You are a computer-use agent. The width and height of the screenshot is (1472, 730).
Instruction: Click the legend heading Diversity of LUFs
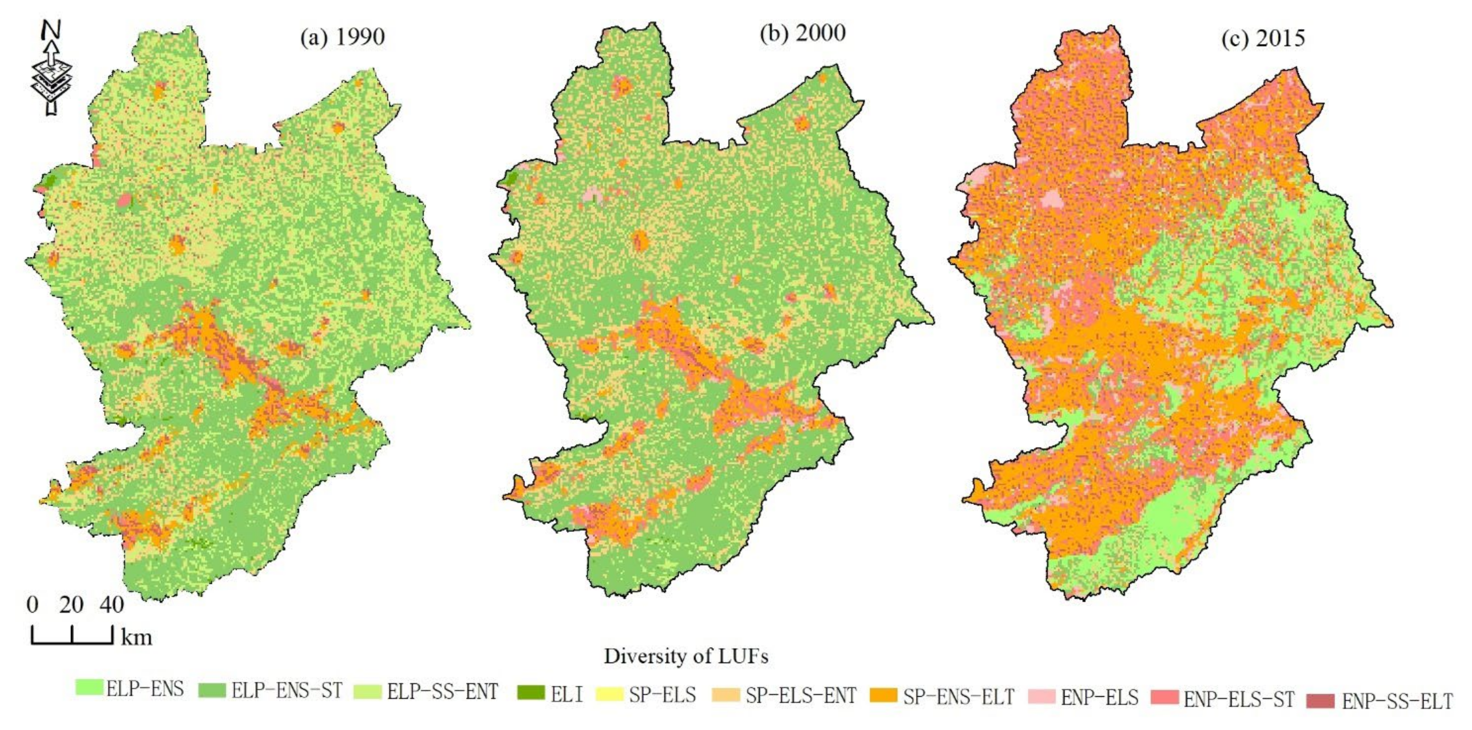tap(686, 656)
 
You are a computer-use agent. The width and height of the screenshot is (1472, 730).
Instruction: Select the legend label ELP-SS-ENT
tap(442, 691)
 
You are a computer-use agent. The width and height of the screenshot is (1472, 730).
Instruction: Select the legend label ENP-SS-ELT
tap(1397, 701)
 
